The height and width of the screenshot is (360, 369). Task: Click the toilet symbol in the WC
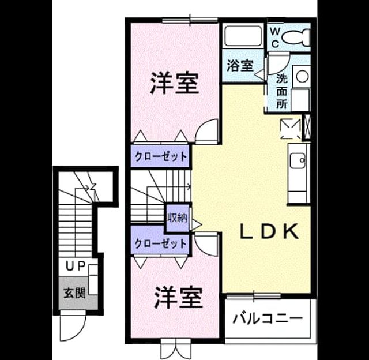(x=296, y=37)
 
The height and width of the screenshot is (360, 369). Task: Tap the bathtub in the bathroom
(x=243, y=36)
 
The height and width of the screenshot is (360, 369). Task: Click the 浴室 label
(x=240, y=65)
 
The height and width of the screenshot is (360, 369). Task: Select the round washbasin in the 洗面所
(x=302, y=77)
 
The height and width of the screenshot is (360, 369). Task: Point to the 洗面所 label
(x=282, y=91)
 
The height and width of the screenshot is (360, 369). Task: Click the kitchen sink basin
(x=298, y=160)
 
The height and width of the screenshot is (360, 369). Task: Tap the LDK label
(x=269, y=231)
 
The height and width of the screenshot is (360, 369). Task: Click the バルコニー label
(x=268, y=318)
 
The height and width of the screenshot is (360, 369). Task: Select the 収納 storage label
(x=178, y=218)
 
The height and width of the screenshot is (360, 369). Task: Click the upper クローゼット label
(x=161, y=156)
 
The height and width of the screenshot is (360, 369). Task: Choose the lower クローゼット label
(x=161, y=243)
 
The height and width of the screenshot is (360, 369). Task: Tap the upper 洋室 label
(x=174, y=83)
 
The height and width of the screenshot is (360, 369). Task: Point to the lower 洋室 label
(x=178, y=297)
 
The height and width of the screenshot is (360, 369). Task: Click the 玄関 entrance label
(x=75, y=293)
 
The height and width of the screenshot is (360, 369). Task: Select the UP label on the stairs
(x=76, y=267)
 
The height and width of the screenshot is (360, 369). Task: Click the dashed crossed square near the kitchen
(x=291, y=129)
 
